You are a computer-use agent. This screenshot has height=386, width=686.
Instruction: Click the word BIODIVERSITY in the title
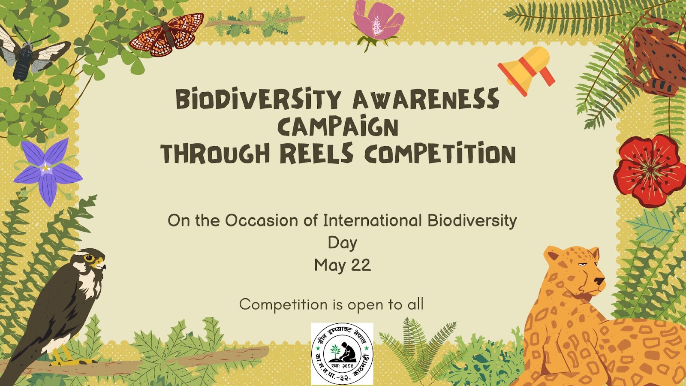click(259, 99)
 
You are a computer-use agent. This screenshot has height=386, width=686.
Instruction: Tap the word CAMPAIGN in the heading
click(338, 127)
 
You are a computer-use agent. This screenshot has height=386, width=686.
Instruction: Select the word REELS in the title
click(316, 154)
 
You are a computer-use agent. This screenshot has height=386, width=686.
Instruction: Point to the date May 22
click(342, 265)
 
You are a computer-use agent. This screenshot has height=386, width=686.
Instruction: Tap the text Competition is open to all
click(331, 305)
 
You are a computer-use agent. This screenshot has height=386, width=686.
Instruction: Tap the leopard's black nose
click(599, 281)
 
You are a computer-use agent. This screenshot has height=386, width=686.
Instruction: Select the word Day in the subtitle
click(342, 243)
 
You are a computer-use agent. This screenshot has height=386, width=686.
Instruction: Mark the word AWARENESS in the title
click(426, 99)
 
